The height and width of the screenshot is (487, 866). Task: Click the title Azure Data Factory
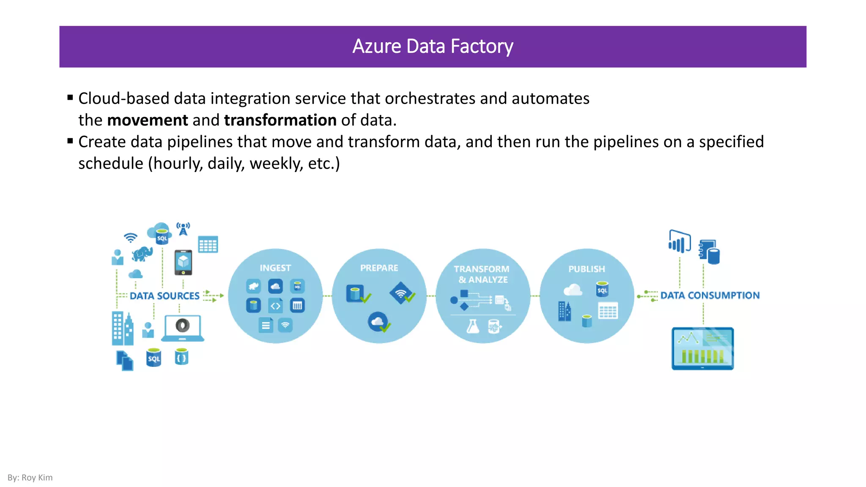pyautogui.click(x=433, y=47)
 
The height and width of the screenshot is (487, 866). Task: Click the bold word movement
pyautogui.click(x=147, y=120)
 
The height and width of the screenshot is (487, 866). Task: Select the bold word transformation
pyautogui.click(x=280, y=120)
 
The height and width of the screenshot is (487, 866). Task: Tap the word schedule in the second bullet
pyautogui.click(x=111, y=164)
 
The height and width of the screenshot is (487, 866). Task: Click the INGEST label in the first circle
pyautogui.click(x=275, y=268)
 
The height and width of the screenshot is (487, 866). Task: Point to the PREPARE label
pyautogui.click(x=379, y=268)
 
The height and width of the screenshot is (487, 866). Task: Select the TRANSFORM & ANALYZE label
pyautogui.click(x=482, y=274)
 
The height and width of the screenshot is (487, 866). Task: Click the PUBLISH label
pyautogui.click(x=586, y=269)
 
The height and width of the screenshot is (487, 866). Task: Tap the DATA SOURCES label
pyautogui.click(x=164, y=296)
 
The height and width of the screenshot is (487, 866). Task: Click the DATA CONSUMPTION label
pyautogui.click(x=710, y=295)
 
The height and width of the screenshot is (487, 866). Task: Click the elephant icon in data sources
pyautogui.click(x=142, y=254)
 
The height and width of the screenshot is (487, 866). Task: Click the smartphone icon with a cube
pyautogui.click(x=183, y=262)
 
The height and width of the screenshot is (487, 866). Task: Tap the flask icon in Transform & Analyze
pyautogui.click(x=473, y=326)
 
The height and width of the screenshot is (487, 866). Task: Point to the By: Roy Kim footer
pyautogui.click(x=30, y=478)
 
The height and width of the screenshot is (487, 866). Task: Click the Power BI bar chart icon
pyautogui.click(x=679, y=242)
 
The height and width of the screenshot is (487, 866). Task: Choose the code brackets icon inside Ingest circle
pyautogui.click(x=275, y=306)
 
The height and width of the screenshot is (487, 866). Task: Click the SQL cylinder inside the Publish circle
pyautogui.click(x=602, y=290)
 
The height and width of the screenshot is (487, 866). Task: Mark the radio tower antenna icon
pyautogui.click(x=183, y=229)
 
